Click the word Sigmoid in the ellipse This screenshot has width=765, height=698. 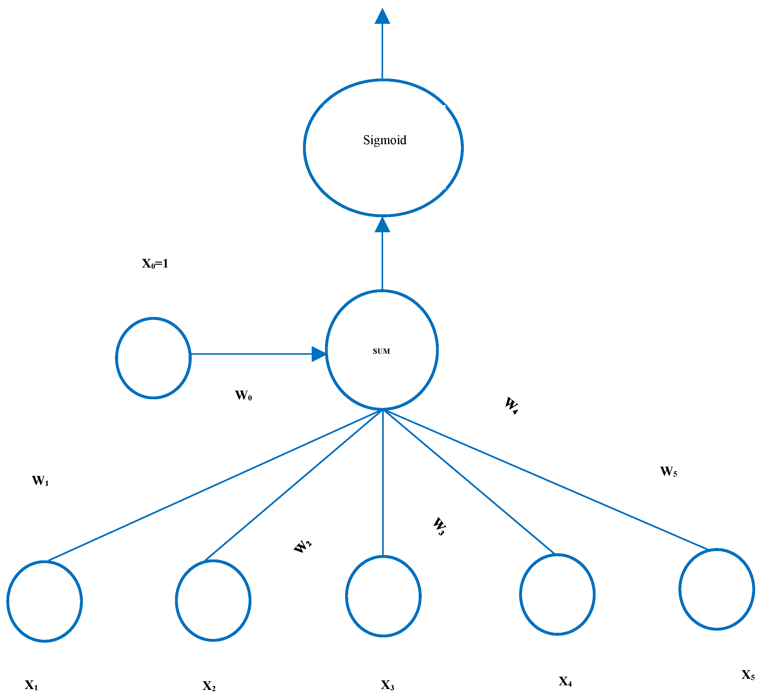point(384,140)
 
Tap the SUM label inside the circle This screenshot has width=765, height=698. point(381,351)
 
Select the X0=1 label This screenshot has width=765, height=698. point(155,263)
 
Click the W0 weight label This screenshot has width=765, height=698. point(243,396)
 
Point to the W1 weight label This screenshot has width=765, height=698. point(40,481)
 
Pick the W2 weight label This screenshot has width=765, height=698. point(302,546)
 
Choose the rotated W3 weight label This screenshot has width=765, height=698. point(439,526)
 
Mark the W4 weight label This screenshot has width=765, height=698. point(511,405)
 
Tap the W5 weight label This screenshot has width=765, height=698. point(669,471)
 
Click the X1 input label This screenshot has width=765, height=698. point(32,685)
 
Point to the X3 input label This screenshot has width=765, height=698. point(387,685)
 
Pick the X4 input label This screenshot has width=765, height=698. point(565,681)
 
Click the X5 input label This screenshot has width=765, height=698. point(748,674)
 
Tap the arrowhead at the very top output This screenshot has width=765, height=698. point(382,17)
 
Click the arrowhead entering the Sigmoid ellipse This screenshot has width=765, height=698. point(382,225)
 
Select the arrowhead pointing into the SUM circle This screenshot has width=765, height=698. point(319,354)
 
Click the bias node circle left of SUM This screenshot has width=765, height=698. point(153,358)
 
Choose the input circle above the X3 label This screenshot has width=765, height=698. point(383,596)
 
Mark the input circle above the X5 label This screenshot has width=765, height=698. point(716,589)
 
